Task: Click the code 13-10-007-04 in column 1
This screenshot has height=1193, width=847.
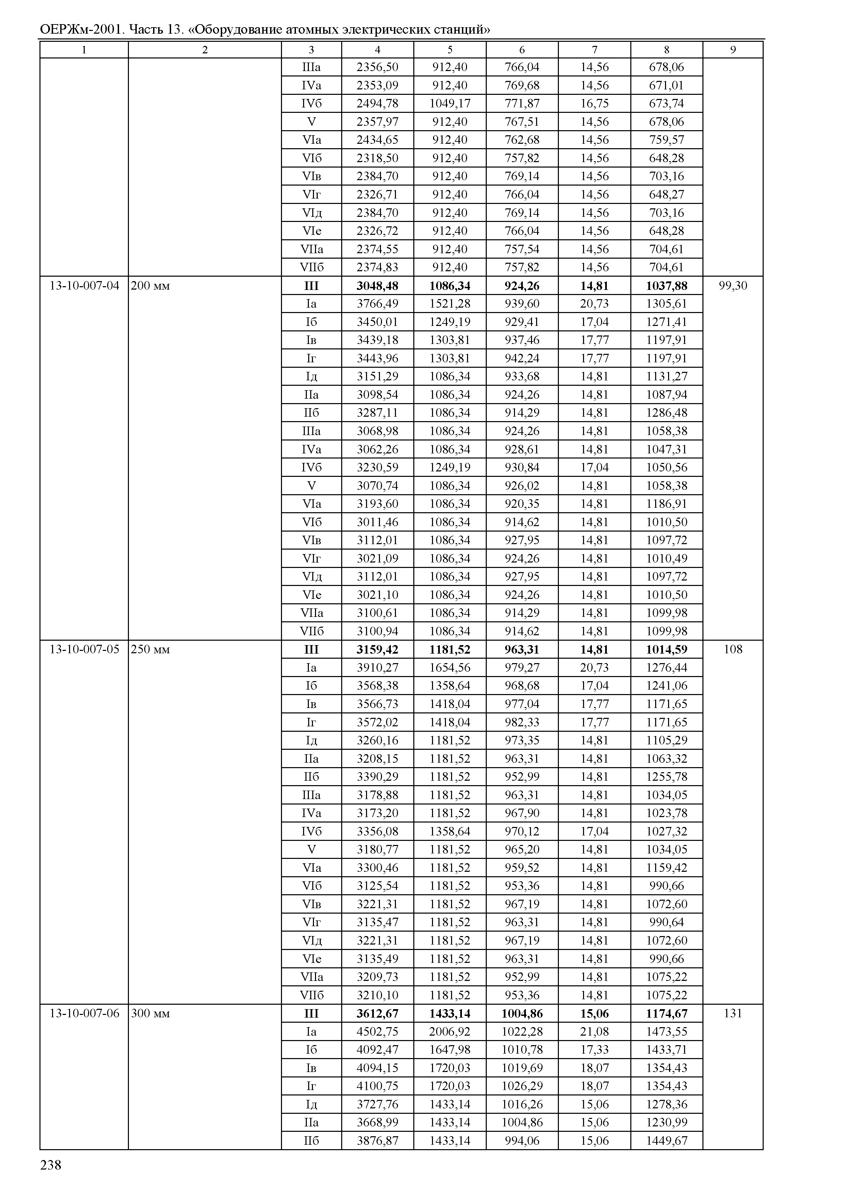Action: [x=84, y=286]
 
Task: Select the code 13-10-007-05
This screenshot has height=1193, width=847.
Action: [x=84, y=650]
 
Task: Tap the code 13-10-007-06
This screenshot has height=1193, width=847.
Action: [x=84, y=1013]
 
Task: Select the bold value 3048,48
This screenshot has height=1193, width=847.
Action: [x=377, y=286]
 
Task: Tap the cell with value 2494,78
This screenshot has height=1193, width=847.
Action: [x=377, y=104]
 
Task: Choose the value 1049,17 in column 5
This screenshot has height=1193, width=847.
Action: [x=450, y=104]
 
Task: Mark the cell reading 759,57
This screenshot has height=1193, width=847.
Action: [x=666, y=140]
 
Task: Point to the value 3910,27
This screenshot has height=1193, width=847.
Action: [x=377, y=668]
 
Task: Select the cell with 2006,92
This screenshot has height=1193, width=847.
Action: [x=450, y=1032]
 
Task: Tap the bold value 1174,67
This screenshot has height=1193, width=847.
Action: [x=666, y=1013]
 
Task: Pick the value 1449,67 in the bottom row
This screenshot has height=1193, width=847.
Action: [x=666, y=1140]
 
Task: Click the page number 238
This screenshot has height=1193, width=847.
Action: [x=51, y=1165]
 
